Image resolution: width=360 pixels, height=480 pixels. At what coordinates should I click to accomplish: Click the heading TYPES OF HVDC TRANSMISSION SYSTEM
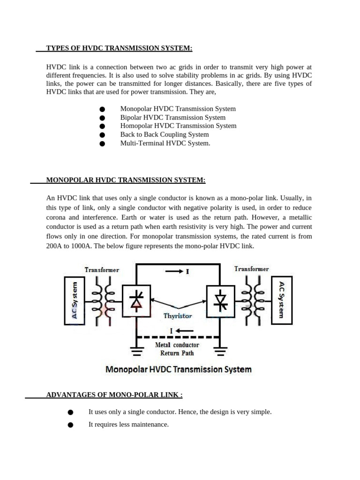tap(119, 49)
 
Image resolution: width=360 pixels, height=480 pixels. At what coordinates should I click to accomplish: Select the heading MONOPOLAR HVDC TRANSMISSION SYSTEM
tap(126, 180)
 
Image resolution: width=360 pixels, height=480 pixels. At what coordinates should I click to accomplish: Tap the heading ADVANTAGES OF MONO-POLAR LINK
tap(114, 395)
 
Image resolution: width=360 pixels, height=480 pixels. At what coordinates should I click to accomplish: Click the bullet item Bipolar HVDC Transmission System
tap(172, 117)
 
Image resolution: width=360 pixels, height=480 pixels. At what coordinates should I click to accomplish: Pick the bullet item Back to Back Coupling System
tap(165, 135)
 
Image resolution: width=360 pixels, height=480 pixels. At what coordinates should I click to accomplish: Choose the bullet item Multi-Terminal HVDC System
tap(165, 143)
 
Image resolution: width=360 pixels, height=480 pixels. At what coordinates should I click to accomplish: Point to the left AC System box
tap(74, 300)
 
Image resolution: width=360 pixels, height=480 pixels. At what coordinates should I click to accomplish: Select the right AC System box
tap(282, 300)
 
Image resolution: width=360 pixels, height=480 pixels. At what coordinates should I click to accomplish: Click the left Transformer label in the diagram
tap(102, 270)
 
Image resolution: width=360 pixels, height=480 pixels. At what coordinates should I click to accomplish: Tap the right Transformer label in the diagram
tap(251, 269)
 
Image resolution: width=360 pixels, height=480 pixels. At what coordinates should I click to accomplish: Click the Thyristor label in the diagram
tap(178, 316)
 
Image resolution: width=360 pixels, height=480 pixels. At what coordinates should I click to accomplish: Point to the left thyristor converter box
tap(136, 300)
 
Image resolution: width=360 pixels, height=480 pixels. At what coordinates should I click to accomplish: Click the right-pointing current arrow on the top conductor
tap(173, 271)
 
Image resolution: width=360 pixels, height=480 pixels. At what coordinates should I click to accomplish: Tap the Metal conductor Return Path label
tap(177, 349)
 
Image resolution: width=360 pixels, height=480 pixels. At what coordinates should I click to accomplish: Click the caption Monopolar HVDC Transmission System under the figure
tap(179, 369)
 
